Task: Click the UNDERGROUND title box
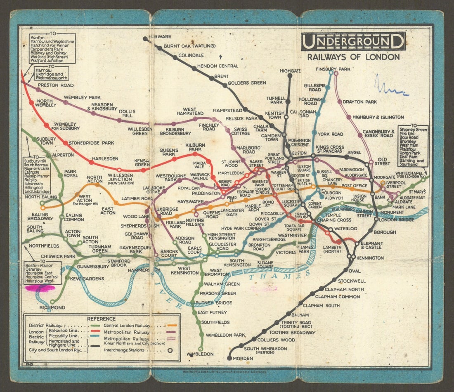(353, 42)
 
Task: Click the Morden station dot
(229, 358)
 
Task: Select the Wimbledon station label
(200, 354)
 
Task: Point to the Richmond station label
(52, 307)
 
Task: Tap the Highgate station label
(290, 71)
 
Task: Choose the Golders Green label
(247, 83)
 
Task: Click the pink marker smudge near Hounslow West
(39, 288)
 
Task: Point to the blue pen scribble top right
(390, 87)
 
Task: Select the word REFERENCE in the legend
(102, 319)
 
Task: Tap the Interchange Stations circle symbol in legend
(170, 350)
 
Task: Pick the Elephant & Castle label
(371, 245)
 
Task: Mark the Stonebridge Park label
(91, 143)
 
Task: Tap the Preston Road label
(56, 85)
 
